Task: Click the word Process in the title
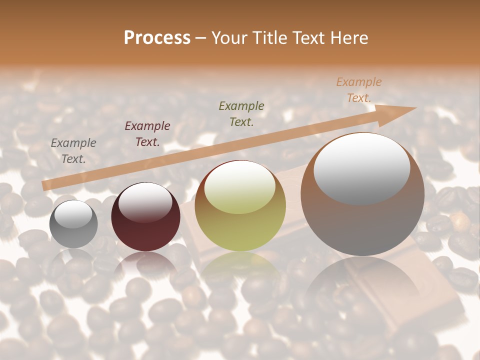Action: pos(157,38)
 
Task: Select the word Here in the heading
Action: pos(348,38)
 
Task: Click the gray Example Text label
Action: pos(73,151)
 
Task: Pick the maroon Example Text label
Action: pos(147,134)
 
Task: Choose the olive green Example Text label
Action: pos(241,113)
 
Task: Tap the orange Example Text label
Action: pos(359,90)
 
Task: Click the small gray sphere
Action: pos(73,230)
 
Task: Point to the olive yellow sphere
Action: pos(240,220)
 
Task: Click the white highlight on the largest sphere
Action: pos(361,167)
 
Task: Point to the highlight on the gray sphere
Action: pos(73,214)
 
